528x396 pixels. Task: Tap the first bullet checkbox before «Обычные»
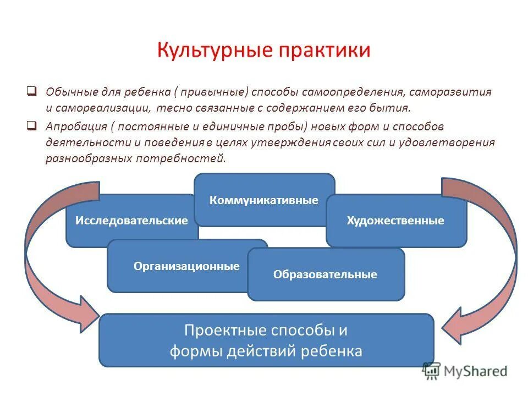[x=32, y=90]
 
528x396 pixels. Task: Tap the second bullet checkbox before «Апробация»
[x=32, y=125]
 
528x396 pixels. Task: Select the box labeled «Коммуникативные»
[x=264, y=200]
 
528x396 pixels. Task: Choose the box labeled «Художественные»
[x=395, y=221]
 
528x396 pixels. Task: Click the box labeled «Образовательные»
[x=325, y=274]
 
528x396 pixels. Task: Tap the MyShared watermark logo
[x=465, y=371]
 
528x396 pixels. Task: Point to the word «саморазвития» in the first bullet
[x=458, y=91]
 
